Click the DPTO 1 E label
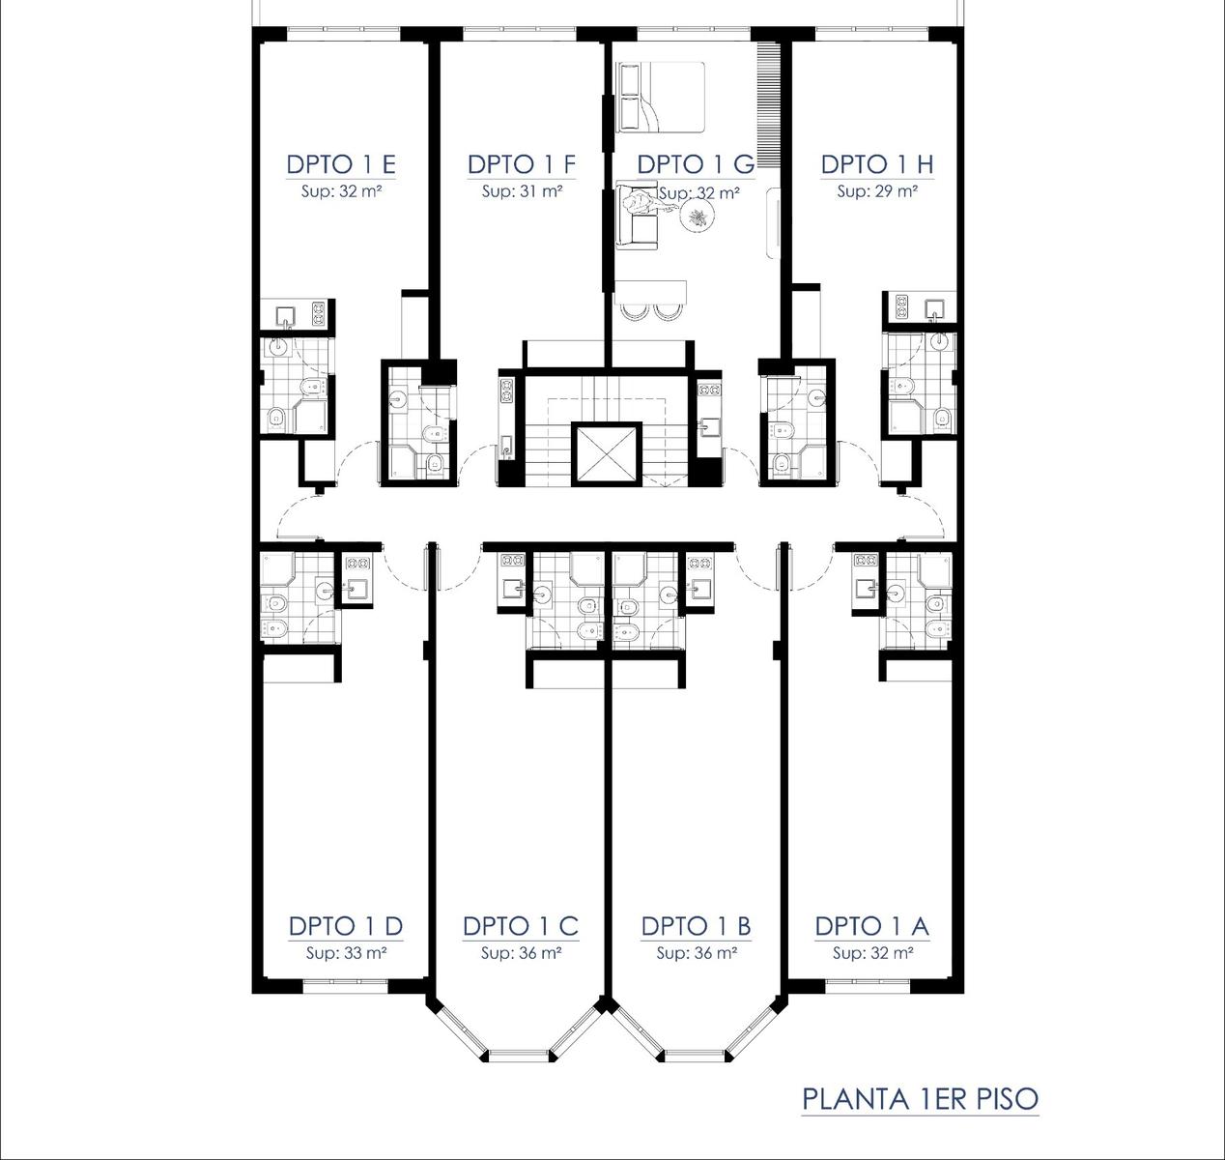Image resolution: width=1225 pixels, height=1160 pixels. [x=341, y=164]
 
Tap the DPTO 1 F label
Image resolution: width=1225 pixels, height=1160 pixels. [x=522, y=164]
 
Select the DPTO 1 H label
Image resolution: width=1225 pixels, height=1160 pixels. [x=877, y=164]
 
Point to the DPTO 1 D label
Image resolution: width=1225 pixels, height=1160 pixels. [x=346, y=927]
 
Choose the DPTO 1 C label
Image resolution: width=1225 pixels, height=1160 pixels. [x=521, y=927]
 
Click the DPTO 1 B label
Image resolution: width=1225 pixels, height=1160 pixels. [x=696, y=927]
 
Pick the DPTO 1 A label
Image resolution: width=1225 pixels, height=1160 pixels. [x=872, y=927]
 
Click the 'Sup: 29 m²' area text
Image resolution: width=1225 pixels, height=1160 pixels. [x=877, y=191]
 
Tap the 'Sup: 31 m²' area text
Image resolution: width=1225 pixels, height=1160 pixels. [x=522, y=191]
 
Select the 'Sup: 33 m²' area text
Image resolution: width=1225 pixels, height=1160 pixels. [x=347, y=953]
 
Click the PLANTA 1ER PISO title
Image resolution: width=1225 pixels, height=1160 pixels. [x=920, y=1099]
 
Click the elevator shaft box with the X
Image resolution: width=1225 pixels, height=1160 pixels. [x=607, y=453]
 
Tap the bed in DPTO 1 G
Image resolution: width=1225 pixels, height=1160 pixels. [x=661, y=97]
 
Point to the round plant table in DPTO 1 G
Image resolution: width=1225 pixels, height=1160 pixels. [x=698, y=217]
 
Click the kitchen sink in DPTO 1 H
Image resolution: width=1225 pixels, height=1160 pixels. [x=934, y=308]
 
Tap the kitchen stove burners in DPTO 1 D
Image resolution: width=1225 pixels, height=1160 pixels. [x=358, y=564]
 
